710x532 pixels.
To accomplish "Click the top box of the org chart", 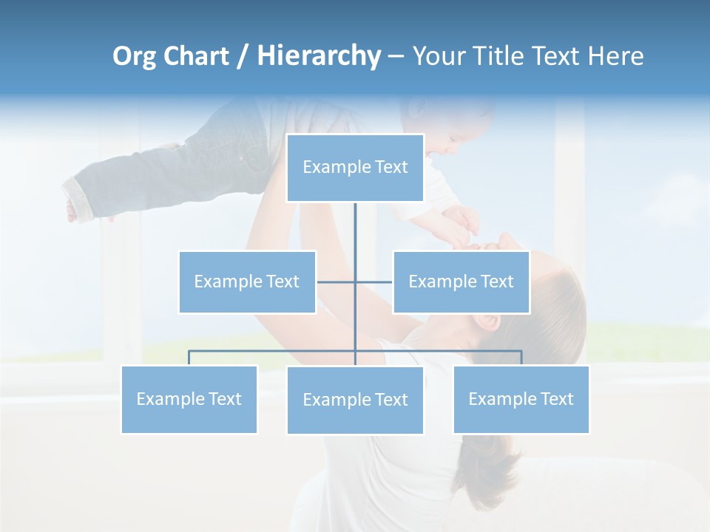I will pyautogui.click(x=355, y=168).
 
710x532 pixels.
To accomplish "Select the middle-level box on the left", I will pyautogui.click(x=247, y=282).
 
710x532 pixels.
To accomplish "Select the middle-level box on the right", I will pyautogui.click(x=461, y=282).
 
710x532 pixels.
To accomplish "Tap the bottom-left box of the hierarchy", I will pyautogui.click(x=189, y=399).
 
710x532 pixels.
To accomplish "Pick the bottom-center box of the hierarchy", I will pyautogui.click(x=355, y=400).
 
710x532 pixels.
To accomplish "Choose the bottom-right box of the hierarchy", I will pyautogui.click(x=521, y=399).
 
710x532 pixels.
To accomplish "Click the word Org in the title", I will pyautogui.click(x=135, y=56).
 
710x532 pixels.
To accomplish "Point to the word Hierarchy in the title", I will pyautogui.click(x=319, y=56).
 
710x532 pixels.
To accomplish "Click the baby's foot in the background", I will pyautogui.click(x=73, y=210).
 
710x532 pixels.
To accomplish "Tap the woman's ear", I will pyautogui.click(x=485, y=322).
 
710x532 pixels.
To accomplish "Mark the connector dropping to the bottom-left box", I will pyautogui.click(x=189, y=357).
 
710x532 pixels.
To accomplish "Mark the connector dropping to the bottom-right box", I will pyautogui.click(x=521, y=357).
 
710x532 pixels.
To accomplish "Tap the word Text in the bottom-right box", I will pyautogui.click(x=557, y=399).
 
